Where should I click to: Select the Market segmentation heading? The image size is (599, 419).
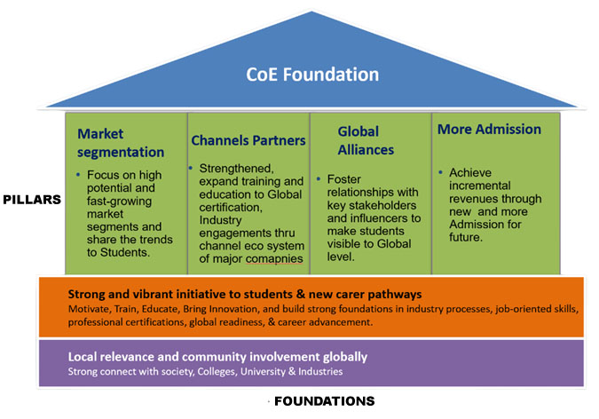121,142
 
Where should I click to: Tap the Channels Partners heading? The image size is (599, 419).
248,140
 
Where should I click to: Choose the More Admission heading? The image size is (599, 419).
488,129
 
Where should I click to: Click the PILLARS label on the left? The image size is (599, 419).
31,200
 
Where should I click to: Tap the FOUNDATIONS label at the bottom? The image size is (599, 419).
324,400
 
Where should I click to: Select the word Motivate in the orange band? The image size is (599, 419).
92,308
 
